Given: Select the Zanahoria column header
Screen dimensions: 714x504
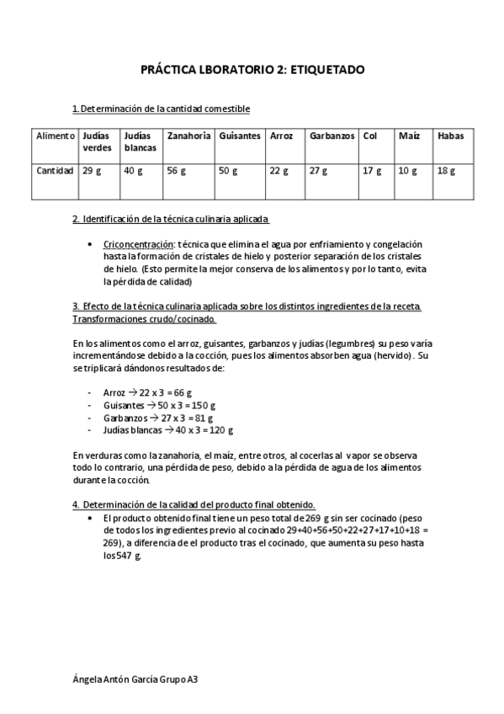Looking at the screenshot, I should coord(188,136).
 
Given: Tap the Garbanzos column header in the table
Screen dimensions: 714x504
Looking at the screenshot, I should coord(332,136).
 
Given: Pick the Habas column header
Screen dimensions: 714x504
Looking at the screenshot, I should coord(450,136).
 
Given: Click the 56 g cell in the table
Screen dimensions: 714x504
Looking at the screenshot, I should coord(176,171).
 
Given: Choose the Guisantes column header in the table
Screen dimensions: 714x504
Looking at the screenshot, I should coord(240,136).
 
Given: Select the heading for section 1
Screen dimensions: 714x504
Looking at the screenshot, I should coord(161,109).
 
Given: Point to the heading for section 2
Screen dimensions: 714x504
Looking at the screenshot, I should coord(171,220).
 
